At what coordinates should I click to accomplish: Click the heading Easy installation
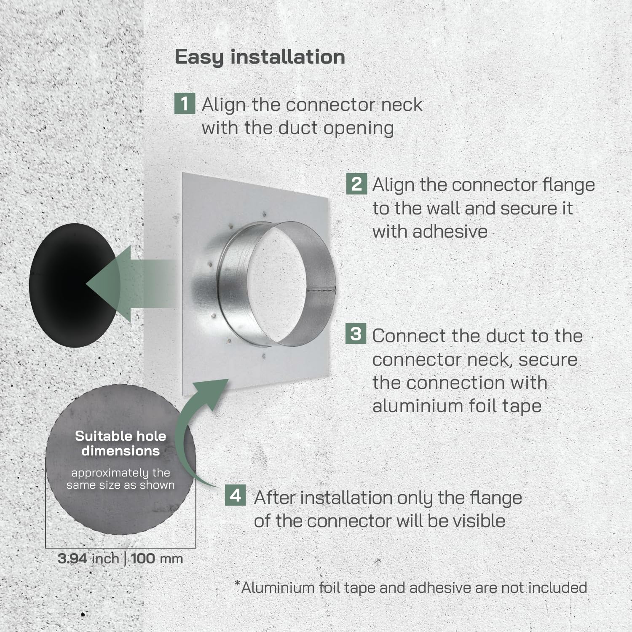click(260, 57)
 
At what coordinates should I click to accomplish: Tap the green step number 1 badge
click(185, 104)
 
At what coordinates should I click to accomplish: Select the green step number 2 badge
click(356, 184)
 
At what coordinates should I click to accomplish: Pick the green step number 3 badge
click(356, 334)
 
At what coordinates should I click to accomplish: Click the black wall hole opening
click(63, 285)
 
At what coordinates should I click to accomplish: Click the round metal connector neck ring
click(276, 283)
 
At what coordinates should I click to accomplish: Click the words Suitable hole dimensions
click(121, 443)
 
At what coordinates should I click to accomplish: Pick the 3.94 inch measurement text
click(88, 559)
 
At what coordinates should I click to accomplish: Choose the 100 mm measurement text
click(157, 559)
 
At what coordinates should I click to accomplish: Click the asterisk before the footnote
click(238, 584)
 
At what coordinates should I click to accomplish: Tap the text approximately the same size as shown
click(121, 479)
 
